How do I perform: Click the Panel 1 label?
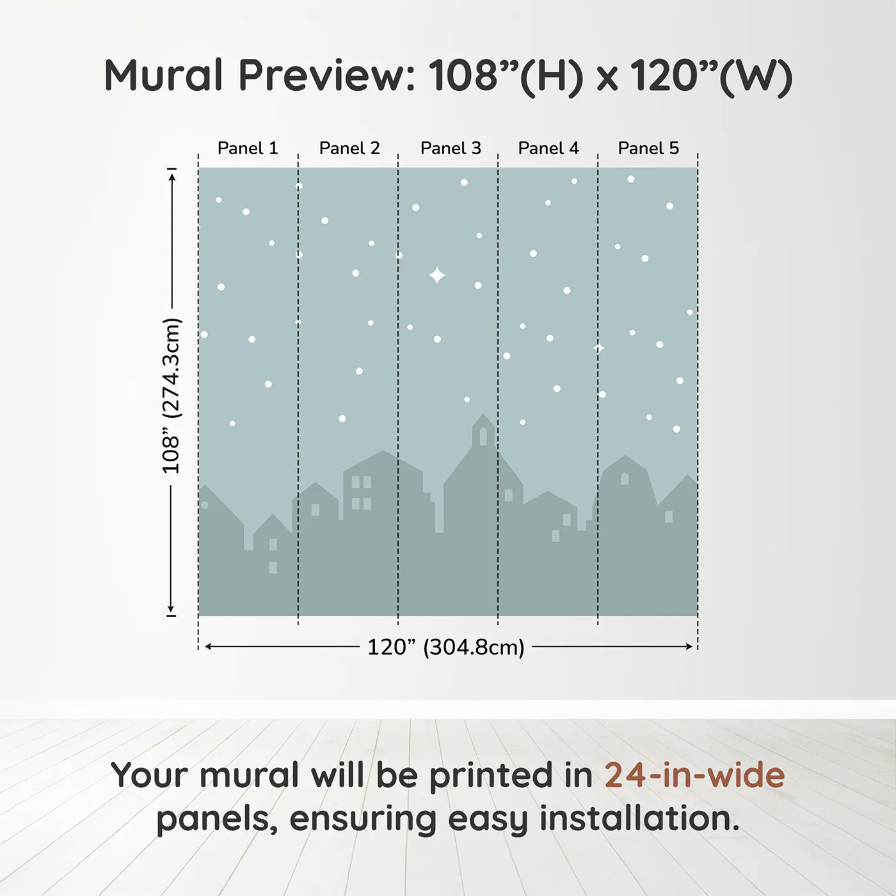pos(248,148)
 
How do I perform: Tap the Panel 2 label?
pos(349,148)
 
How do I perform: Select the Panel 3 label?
pos(451,148)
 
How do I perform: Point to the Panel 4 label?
pos(548,148)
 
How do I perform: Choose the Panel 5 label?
pos(648,148)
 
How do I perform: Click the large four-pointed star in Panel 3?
pos(437,275)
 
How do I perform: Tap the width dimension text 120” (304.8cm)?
pos(445,647)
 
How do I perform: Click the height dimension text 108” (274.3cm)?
pos(172,396)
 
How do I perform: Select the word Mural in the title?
pos(163,76)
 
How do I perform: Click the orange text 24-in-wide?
pos(694,776)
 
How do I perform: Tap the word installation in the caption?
pos(639,819)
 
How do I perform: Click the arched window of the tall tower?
pos(483,436)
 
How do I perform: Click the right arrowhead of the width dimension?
pos(689,646)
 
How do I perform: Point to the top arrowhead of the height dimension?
pos(172,177)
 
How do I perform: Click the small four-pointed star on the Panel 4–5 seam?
pos(599,348)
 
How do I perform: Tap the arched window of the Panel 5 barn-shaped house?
pos(625,478)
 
